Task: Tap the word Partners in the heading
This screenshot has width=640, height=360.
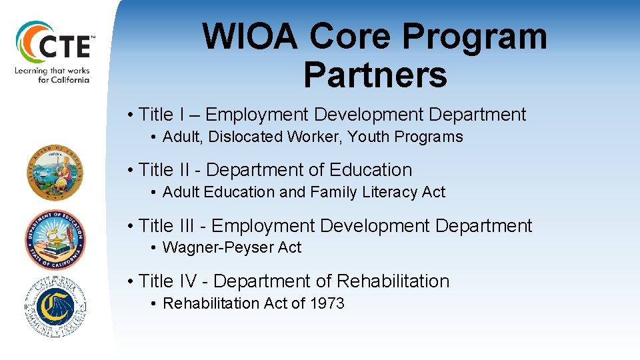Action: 375,74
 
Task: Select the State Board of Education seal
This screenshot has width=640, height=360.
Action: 55,173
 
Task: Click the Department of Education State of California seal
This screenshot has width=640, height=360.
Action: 55,239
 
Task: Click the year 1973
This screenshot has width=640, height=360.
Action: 327,303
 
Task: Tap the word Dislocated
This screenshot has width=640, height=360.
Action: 245,137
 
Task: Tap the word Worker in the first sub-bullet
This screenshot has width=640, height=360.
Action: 315,137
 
